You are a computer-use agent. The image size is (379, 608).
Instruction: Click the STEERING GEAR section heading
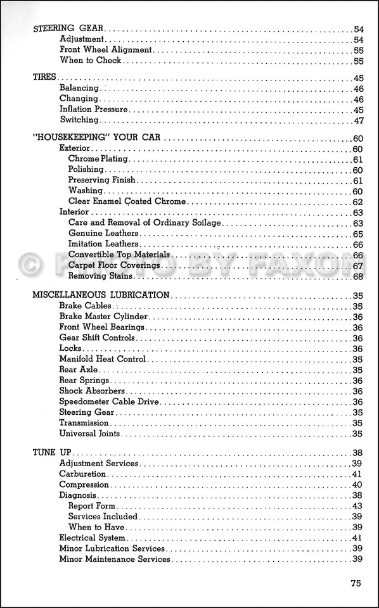click(x=68, y=28)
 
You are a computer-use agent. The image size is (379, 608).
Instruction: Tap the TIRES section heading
click(x=45, y=77)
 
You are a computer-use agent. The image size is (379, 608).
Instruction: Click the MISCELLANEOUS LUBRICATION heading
click(x=100, y=295)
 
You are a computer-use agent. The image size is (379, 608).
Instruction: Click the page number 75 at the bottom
click(x=356, y=583)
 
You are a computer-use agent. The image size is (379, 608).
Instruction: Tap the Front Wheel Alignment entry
click(x=106, y=49)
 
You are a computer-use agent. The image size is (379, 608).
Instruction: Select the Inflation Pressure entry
click(x=93, y=109)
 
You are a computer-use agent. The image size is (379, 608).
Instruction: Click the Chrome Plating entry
click(x=98, y=159)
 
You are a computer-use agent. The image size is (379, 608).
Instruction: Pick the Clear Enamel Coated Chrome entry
click(x=127, y=201)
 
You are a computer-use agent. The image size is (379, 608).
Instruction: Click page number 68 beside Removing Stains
click(x=357, y=276)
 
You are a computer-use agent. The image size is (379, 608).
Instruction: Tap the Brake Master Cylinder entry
click(x=103, y=317)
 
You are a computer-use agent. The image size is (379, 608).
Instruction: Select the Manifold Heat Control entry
click(x=103, y=359)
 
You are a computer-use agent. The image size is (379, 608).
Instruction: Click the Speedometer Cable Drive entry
click(x=109, y=402)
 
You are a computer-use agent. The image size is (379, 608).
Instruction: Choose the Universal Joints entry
click(x=89, y=434)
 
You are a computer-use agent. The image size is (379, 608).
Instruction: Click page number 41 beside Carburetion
click(x=357, y=474)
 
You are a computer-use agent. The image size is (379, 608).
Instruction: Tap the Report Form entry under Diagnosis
click(x=93, y=506)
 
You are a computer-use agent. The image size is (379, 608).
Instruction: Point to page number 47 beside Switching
click(x=358, y=120)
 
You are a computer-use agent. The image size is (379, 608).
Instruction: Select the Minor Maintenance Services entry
click(x=115, y=559)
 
